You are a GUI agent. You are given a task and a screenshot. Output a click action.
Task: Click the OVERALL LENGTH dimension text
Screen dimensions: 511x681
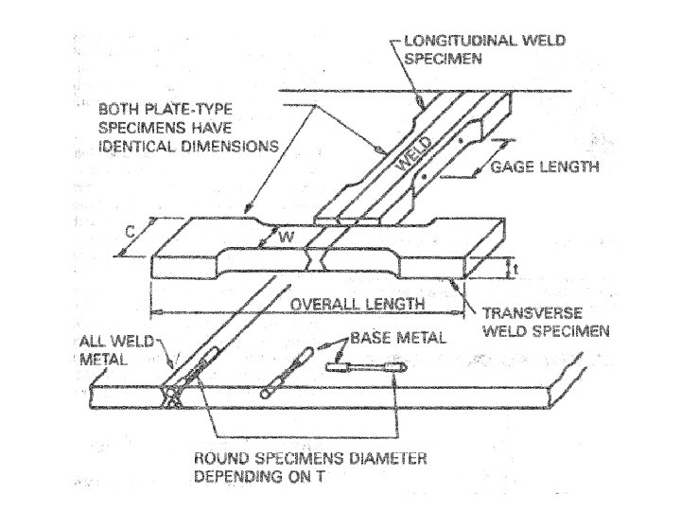[x=348, y=305]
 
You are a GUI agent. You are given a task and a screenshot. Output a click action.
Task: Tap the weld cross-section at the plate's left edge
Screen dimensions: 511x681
[x=175, y=398]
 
